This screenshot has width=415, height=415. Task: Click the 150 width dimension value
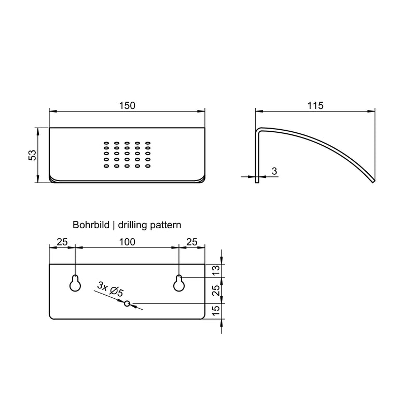(127, 106)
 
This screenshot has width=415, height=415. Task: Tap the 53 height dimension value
(32, 155)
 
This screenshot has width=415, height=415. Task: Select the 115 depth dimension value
(315, 106)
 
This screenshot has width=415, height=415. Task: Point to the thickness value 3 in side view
(274, 171)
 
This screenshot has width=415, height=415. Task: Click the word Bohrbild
(91, 225)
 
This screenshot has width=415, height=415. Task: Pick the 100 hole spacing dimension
(127, 242)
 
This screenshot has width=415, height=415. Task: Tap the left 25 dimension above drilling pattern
(62, 242)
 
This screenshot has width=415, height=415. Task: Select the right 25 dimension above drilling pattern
(191, 242)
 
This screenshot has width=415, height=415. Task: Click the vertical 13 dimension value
(216, 270)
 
